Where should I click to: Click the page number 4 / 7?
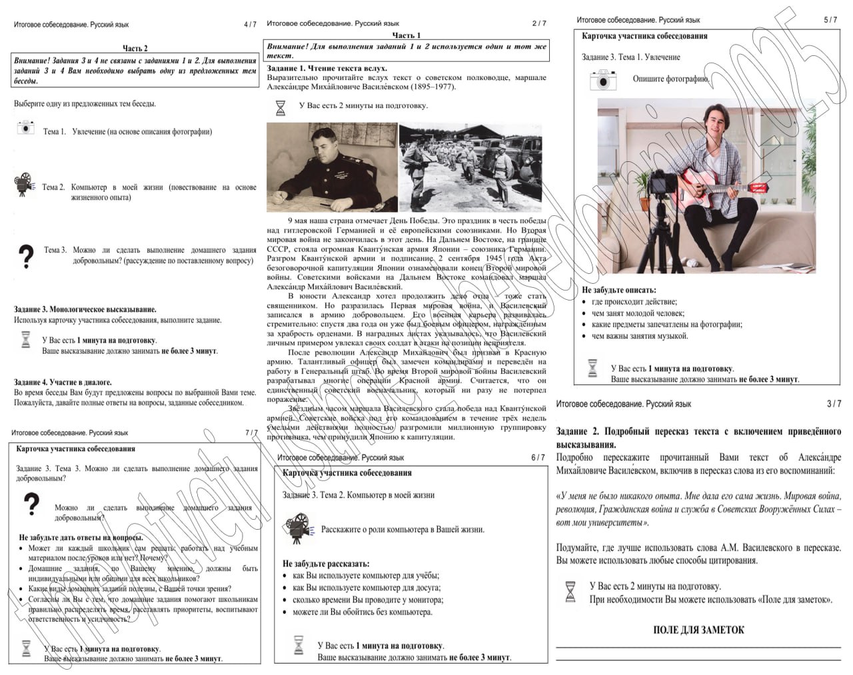(250, 25)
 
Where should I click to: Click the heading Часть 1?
(407, 35)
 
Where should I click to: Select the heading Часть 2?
(135, 48)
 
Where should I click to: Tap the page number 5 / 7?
(830, 20)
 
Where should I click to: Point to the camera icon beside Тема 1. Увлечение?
(25, 127)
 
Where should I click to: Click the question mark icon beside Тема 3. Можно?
(25, 256)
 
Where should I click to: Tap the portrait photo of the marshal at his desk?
(332, 167)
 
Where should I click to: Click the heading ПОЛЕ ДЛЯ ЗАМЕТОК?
(698, 630)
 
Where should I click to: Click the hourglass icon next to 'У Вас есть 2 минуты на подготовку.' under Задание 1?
(281, 107)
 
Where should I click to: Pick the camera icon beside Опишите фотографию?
(603, 80)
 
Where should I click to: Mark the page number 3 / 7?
(834, 404)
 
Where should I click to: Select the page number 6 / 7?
(538, 458)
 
